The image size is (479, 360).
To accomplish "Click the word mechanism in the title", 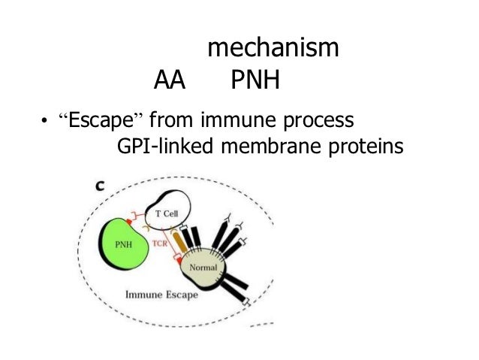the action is (273, 50).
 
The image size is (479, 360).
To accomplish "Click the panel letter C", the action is (98, 183).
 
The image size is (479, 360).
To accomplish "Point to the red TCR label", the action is (160, 244).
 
